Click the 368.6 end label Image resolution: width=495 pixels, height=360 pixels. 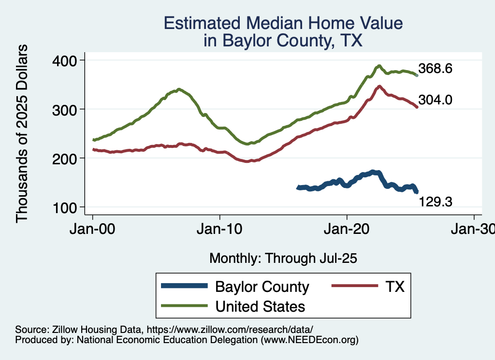pyautogui.click(x=435, y=69)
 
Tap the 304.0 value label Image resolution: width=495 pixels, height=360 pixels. pyautogui.click(x=435, y=101)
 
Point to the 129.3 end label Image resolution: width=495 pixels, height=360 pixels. pyautogui.click(x=435, y=202)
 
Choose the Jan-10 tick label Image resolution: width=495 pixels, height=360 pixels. pyautogui.click(x=220, y=229)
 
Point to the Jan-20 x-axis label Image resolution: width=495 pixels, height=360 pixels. pyautogui.click(x=347, y=229)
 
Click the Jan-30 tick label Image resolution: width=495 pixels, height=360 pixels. pyautogui.click(x=474, y=229)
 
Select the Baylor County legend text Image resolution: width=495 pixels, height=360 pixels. pyautogui.click(x=262, y=287)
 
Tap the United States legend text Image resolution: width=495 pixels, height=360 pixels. pyautogui.click(x=260, y=306)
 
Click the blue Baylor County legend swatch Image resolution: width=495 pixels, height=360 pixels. pyautogui.click(x=186, y=287)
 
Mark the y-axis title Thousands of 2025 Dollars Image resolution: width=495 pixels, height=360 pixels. pyautogui.click(x=22, y=134)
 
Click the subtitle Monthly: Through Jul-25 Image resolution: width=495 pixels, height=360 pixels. pyautogui.click(x=283, y=259)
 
